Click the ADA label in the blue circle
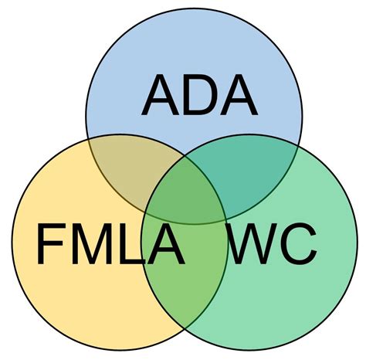tap(198, 95)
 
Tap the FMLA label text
tap(110, 244)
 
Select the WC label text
tap(273, 244)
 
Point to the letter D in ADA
tap(198, 95)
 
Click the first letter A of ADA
tap(160, 95)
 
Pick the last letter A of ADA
tap(237, 95)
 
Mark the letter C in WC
tap(298, 244)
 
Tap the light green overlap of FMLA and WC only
tap(185, 286)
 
